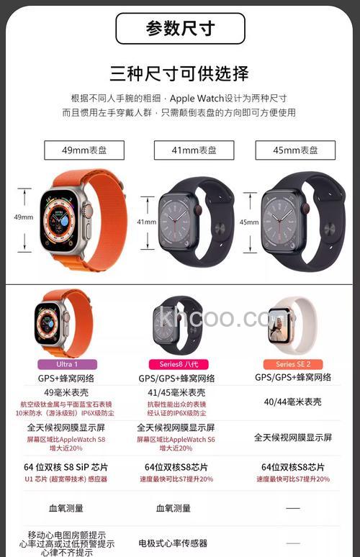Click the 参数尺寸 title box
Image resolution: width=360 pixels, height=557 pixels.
(x=180, y=28)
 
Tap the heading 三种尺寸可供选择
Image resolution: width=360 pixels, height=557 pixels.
(x=180, y=73)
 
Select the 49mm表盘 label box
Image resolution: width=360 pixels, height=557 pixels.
(x=84, y=150)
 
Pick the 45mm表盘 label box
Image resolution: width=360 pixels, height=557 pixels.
(x=295, y=150)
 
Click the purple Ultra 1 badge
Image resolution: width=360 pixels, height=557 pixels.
(x=67, y=364)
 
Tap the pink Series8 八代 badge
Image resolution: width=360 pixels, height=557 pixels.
(x=181, y=364)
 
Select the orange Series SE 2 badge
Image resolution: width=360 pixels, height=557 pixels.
(x=293, y=364)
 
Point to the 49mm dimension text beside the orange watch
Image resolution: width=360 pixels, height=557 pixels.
(x=24, y=217)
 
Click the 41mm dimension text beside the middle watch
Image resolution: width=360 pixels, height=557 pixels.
(x=147, y=222)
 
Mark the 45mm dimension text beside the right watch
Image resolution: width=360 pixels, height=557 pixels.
(x=249, y=222)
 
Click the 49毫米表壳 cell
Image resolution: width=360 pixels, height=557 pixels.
(x=67, y=392)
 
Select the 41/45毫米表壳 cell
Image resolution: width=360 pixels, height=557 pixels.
(x=181, y=392)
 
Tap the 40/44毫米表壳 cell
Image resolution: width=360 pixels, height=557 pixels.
(x=293, y=401)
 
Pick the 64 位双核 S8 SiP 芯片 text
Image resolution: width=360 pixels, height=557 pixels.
(x=67, y=466)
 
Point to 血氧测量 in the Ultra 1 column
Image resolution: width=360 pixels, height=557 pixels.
(x=66, y=508)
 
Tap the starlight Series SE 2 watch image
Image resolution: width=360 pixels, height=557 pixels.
(x=292, y=325)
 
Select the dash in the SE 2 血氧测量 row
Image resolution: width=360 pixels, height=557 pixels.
(x=293, y=508)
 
